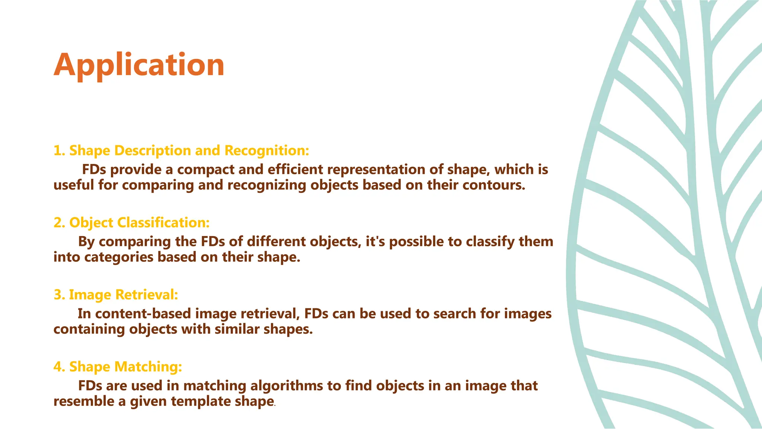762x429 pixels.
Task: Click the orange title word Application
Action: [139, 65]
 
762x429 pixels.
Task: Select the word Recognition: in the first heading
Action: [267, 150]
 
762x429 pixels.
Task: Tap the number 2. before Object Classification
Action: [60, 223]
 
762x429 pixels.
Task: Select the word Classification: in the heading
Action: [163, 223]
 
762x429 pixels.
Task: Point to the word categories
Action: [119, 257]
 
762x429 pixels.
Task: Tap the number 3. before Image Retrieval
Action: [60, 295]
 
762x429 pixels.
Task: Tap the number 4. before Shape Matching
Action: [60, 367]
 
